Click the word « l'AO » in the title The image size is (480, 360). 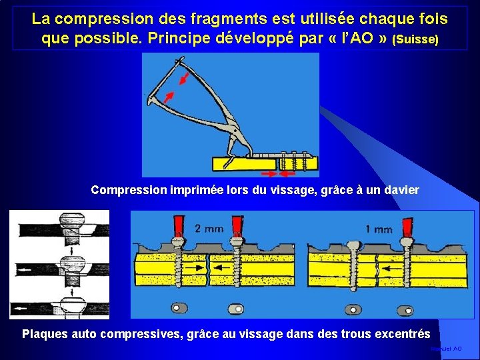[x=359, y=38]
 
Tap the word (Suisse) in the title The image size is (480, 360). [x=416, y=39]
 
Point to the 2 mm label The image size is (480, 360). [x=209, y=228]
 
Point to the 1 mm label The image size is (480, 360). [x=379, y=229]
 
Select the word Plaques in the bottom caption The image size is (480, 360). [x=44, y=333]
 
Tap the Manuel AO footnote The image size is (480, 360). [x=446, y=349]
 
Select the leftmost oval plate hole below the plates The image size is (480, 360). [x=177, y=307]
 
